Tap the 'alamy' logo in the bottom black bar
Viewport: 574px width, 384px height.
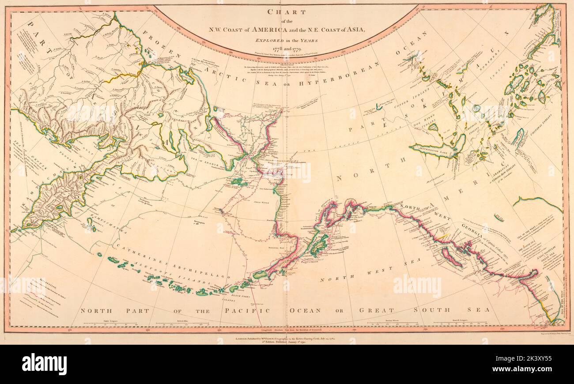click(44, 365)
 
